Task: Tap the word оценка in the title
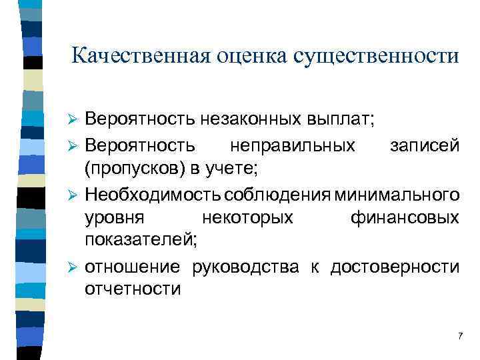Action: tap(251, 55)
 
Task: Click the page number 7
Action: tap(460, 336)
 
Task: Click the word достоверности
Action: tap(392, 267)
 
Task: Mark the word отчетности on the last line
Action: tap(133, 289)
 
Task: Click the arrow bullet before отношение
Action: tap(75, 268)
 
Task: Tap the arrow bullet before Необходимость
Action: tap(75, 195)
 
